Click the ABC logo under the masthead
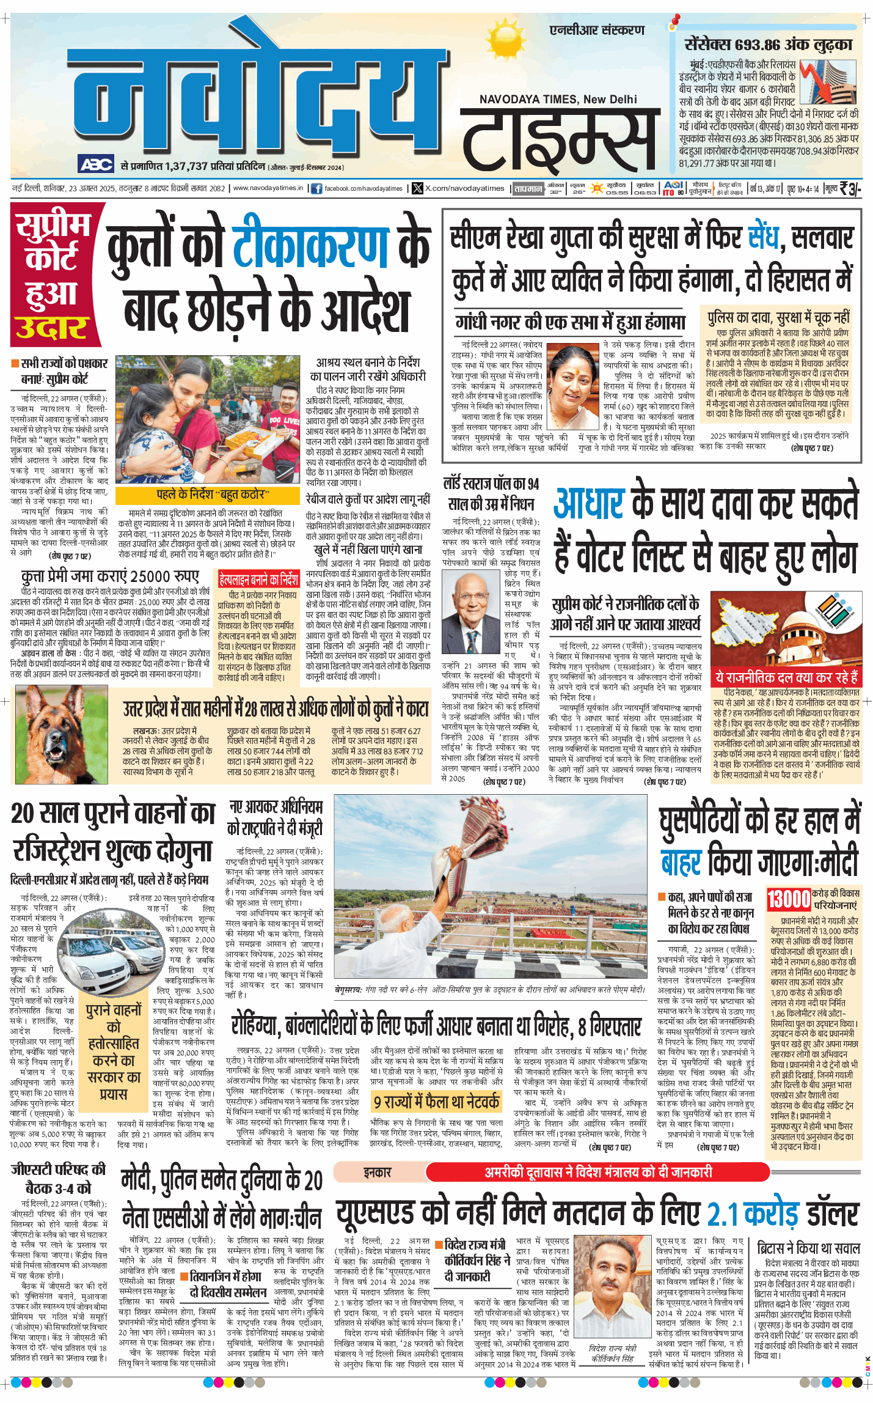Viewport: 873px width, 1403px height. pyautogui.click(x=96, y=164)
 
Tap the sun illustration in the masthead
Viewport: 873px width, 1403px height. pyautogui.click(x=505, y=38)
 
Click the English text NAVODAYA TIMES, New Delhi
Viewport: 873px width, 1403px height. pyautogui.click(x=558, y=100)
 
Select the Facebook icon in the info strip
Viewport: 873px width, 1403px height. pyautogui.click(x=316, y=188)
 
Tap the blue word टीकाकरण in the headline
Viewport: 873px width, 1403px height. pyautogui.click(x=311, y=248)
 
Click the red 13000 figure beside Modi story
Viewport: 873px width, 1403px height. pyautogui.click(x=788, y=899)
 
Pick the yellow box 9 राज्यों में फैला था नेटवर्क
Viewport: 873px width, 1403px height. pyautogui.click(x=436, y=1102)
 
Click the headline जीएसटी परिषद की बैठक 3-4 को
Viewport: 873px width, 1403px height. pyautogui.click(x=58, y=1178)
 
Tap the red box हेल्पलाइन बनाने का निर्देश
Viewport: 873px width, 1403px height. pyautogui.click(x=259, y=578)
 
